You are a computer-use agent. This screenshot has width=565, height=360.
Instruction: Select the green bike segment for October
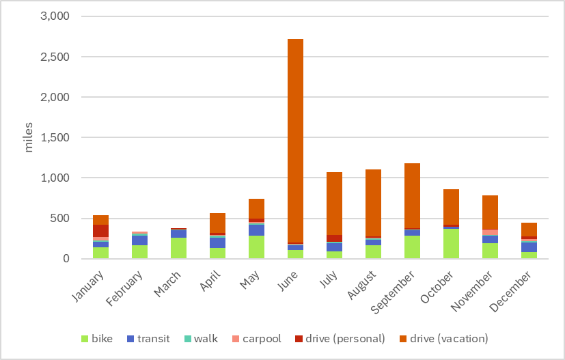451,244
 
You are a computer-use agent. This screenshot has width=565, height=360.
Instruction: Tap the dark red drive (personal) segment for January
101,231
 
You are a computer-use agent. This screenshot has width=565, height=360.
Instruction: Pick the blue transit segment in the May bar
256,230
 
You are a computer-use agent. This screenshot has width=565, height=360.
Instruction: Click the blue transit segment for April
217,243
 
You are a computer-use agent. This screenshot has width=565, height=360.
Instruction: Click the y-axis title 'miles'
29,138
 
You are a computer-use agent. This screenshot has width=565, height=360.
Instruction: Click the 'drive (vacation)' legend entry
449,339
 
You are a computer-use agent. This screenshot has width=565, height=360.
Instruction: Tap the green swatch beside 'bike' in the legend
85,339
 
